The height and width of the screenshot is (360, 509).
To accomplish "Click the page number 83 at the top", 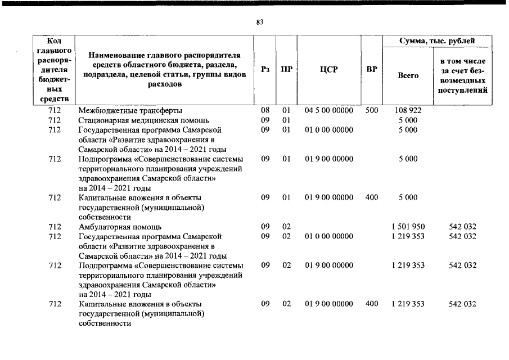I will [x=259, y=22].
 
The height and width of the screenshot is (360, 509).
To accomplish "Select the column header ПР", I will [x=286, y=70].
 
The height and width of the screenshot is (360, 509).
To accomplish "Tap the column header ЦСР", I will [x=328, y=70].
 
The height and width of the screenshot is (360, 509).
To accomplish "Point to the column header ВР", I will [x=371, y=70].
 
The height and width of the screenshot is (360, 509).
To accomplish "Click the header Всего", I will [x=408, y=75].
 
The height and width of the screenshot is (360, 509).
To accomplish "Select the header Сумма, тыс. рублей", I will [x=436, y=41].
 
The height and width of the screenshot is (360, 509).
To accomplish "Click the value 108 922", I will [x=408, y=111].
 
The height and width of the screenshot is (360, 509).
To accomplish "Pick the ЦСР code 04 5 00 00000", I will [x=329, y=111].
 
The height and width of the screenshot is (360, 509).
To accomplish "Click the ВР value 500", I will [x=372, y=111].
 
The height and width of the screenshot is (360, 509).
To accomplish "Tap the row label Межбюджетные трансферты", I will [x=130, y=111].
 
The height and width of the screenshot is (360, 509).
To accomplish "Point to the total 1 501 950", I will [x=408, y=227].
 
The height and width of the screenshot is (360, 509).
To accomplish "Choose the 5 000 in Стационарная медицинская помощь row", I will [x=408, y=120].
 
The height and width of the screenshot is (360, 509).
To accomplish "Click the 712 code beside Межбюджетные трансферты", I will [x=55, y=111].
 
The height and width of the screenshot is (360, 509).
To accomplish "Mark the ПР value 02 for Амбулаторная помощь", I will [x=286, y=227].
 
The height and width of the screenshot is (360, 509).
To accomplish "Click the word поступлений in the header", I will [x=463, y=90].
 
